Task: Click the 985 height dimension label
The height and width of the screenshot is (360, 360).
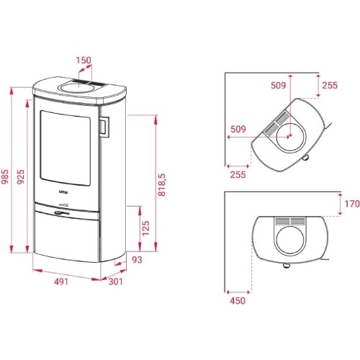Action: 5,176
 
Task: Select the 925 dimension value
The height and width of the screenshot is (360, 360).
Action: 21,176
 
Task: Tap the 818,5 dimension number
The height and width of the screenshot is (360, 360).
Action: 162,185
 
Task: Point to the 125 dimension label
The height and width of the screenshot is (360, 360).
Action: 145,228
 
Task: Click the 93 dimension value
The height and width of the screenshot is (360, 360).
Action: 137,260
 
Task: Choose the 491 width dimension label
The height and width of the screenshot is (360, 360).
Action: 61,282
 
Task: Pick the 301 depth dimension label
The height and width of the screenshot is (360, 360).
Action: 115,282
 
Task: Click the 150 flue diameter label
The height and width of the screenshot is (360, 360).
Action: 84,60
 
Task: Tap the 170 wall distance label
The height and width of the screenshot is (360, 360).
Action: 352,204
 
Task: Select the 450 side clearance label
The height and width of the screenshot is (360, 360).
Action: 238,300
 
